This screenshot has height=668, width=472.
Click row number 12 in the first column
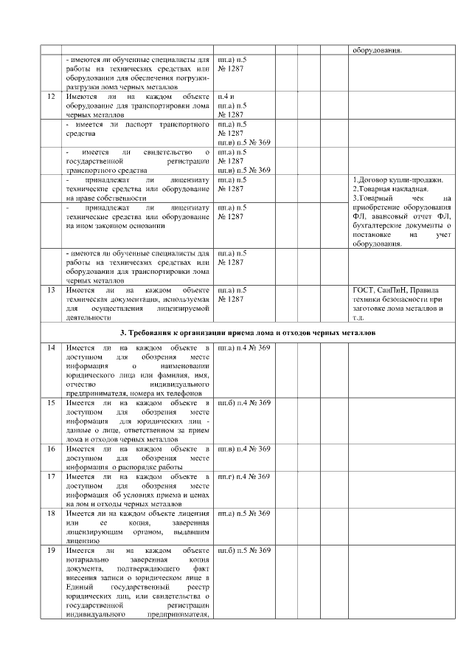[51, 97]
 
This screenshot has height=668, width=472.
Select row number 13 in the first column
[51, 290]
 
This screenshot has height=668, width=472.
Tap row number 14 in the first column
[51, 347]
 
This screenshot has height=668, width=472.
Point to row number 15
[51, 403]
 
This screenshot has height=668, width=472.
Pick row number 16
[51, 449]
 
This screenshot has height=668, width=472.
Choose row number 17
[51, 477]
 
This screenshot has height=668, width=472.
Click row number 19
[51, 551]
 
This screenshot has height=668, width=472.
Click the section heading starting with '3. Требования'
[247, 333]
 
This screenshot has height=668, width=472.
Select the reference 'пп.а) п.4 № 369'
[245, 347]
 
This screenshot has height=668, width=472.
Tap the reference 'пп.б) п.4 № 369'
[245, 403]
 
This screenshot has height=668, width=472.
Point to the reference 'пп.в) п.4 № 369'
[245, 449]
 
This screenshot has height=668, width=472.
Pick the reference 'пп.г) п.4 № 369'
[245, 477]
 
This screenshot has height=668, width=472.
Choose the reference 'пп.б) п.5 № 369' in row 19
[245, 551]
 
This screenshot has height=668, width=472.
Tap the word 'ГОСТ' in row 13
[364, 290]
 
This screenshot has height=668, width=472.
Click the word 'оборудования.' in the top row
[377, 50]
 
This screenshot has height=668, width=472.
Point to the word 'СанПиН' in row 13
[395, 290]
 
